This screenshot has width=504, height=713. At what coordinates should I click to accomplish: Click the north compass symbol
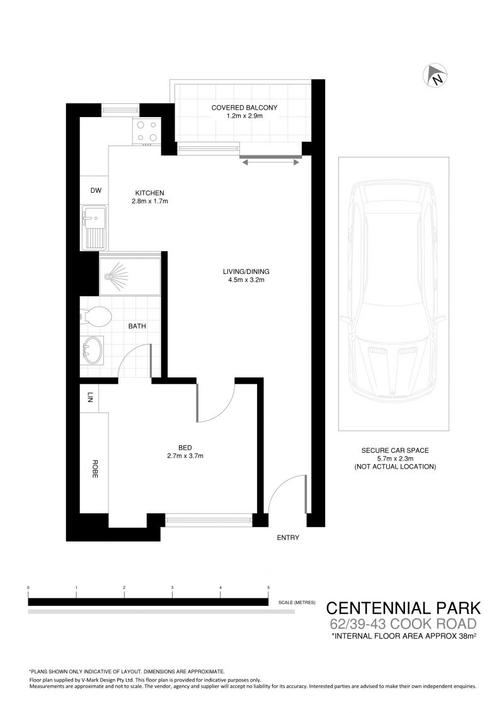click(435, 76)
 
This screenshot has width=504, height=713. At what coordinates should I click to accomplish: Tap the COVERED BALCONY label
click(244, 108)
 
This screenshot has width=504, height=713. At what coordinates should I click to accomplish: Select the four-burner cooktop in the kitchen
click(146, 131)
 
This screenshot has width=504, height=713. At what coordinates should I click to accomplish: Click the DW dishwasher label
click(96, 190)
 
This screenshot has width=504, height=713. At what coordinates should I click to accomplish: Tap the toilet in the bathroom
click(96, 317)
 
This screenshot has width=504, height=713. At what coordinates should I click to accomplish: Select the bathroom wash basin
click(93, 350)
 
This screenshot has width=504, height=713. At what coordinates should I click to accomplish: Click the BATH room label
click(137, 326)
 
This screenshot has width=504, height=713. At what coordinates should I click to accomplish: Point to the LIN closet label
click(89, 398)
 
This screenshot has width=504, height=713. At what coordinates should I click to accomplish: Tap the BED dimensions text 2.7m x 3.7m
click(185, 455)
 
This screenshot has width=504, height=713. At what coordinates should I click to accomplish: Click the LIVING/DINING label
click(246, 272)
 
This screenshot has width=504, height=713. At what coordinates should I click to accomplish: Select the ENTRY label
click(288, 537)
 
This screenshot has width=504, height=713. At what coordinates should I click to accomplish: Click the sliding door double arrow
click(270, 161)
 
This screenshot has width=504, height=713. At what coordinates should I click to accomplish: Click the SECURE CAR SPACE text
click(395, 450)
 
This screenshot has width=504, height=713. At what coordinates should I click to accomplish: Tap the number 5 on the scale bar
click(268, 588)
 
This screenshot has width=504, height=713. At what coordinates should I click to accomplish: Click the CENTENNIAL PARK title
click(403, 608)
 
